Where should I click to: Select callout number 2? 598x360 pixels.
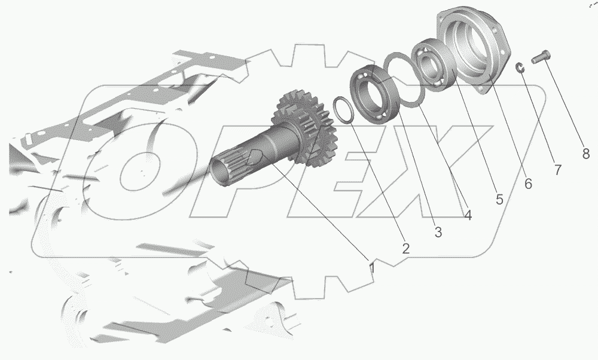(x=405, y=249)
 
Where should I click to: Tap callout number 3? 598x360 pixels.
(x=438, y=232)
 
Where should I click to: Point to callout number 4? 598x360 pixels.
(x=468, y=215)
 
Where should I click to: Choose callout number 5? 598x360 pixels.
(x=499, y=199)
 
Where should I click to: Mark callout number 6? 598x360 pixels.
(x=528, y=184)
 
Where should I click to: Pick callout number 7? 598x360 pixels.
(x=557, y=169)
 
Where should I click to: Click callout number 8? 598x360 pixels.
(x=586, y=153)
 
